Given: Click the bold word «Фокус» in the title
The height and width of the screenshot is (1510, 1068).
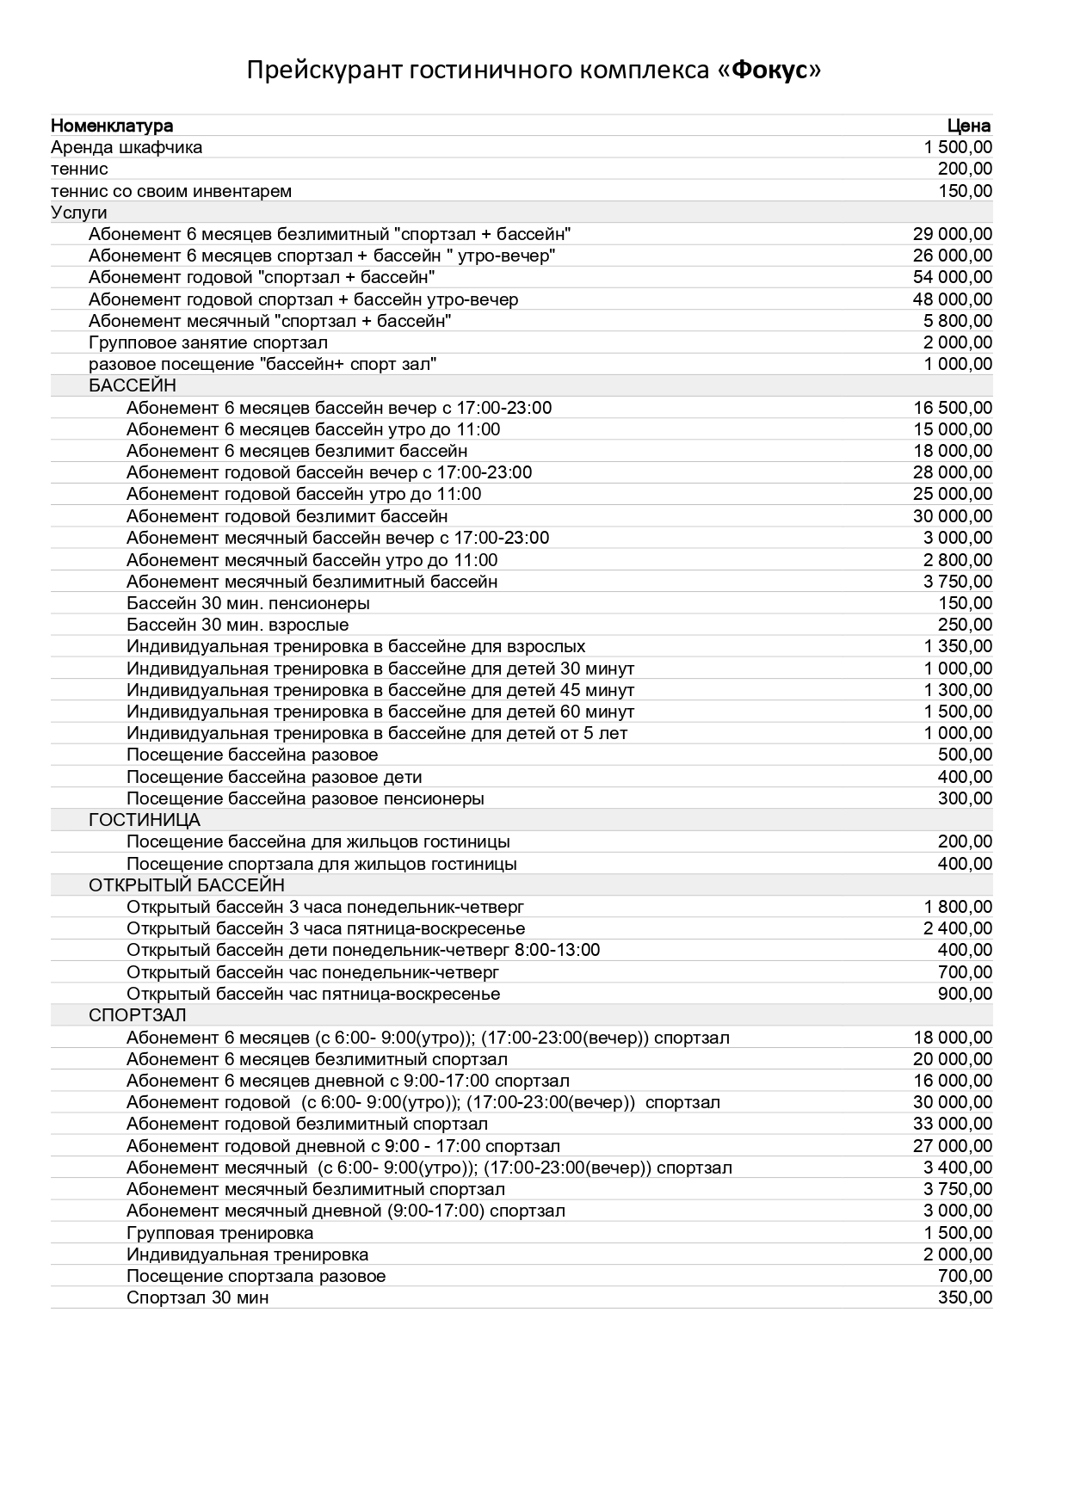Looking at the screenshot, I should click(x=768, y=71).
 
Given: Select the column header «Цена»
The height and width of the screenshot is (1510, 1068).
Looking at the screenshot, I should click(x=969, y=126).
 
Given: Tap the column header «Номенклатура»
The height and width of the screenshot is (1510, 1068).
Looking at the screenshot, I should click(x=112, y=126).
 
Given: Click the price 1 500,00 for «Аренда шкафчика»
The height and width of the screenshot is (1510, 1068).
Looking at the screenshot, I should click(x=958, y=148).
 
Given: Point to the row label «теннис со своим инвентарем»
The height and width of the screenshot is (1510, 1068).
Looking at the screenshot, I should click(x=171, y=191).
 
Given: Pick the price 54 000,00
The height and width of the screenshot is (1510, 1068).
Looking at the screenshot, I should click(x=952, y=277).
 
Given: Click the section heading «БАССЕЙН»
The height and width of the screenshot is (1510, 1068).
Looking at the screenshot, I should click(x=132, y=385).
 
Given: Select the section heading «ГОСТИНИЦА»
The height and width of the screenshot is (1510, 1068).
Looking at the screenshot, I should click(x=144, y=820).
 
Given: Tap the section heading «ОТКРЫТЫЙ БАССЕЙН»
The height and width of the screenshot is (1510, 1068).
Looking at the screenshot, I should click(x=186, y=885).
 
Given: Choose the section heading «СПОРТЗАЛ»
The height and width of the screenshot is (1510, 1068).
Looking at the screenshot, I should click(x=137, y=1015).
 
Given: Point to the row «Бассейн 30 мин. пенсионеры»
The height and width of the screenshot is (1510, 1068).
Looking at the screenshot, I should click(x=248, y=603).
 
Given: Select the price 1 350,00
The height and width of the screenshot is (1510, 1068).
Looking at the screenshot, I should click(x=958, y=646).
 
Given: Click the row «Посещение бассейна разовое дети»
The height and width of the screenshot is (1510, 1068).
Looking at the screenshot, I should click(x=274, y=777).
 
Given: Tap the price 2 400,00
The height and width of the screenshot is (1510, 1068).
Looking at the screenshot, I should click(x=958, y=928).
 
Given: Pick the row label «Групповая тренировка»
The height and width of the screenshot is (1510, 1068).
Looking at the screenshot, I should click(x=219, y=1233).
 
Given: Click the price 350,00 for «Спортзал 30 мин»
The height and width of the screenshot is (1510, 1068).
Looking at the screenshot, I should click(x=965, y=1297).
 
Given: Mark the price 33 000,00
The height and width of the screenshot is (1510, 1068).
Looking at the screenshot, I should click(x=952, y=1124).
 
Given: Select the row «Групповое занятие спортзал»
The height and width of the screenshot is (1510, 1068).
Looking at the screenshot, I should click(x=207, y=342).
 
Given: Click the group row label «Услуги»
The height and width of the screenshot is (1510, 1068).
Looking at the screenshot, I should click(x=79, y=213).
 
